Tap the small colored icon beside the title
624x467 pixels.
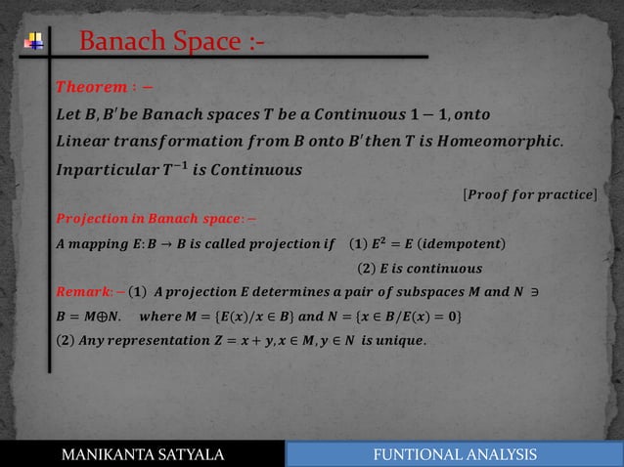click(35, 42)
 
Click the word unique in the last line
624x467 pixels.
click(404, 340)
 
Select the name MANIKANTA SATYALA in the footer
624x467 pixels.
click(143, 454)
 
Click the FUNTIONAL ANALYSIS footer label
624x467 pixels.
click(456, 454)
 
